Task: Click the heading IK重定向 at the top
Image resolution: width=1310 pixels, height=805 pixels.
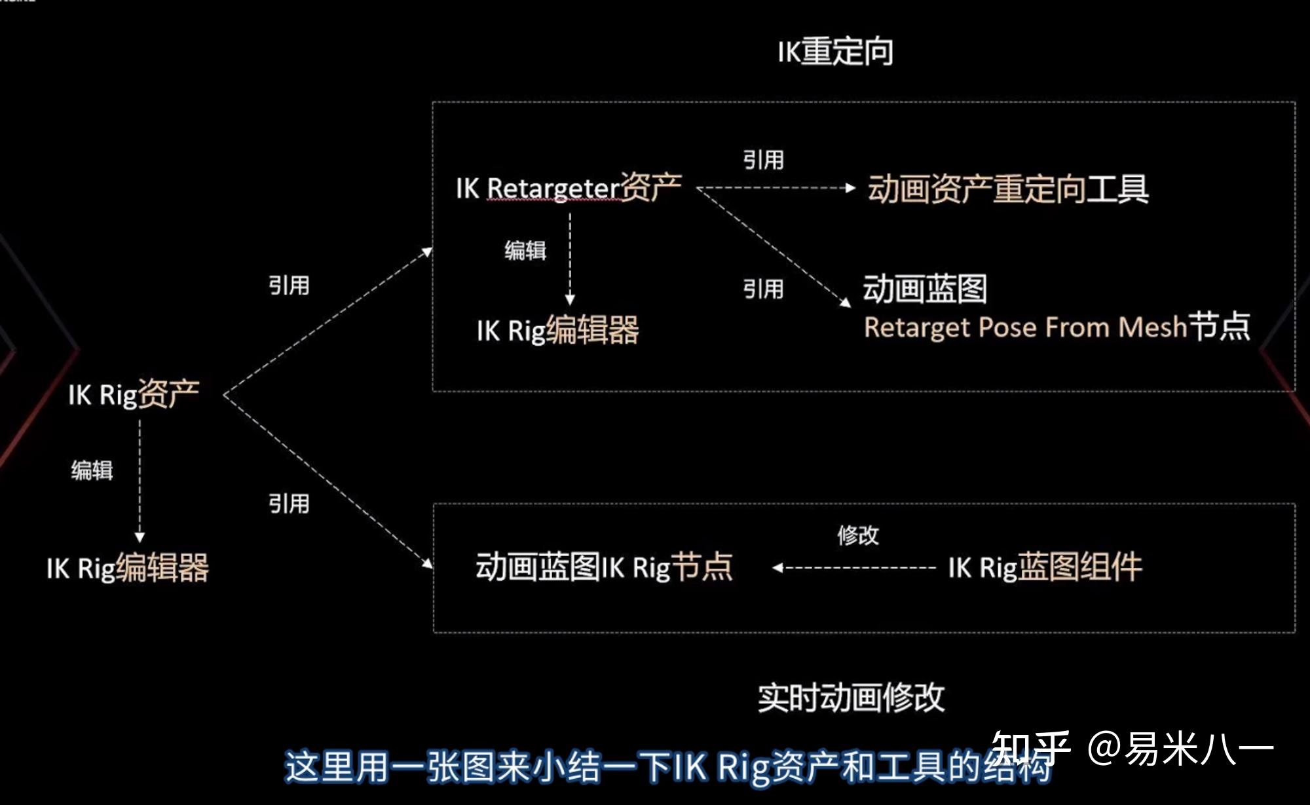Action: pyautogui.click(x=835, y=52)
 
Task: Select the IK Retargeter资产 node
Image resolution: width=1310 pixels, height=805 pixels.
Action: pyautogui.click(x=569, y=188)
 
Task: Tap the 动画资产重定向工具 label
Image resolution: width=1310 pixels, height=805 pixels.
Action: pyautogui.click(x=1007, y=189)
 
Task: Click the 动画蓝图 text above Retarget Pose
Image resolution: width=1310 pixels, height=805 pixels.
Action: pyautogui.click(x=924, y=289)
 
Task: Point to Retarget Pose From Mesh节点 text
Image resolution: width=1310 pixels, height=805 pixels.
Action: pyautogui.click(x=1056, y=327)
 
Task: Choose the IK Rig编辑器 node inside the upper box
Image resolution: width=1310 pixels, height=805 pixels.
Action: pyautogui.click(x=557, y=330)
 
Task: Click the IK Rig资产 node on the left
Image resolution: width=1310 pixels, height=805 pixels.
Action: pyautogui.click(x=134, y=394)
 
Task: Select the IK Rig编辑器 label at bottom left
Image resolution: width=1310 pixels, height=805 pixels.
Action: pyautogui.click(x=128, y=568)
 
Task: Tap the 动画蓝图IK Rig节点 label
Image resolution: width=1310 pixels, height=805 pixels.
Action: pyautogui.click(x=603, y=567)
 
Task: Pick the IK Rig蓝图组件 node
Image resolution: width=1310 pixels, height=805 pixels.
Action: pyautogui.click(x=1045, y=567)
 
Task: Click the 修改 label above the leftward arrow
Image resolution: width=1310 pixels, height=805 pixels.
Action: pyautogui.click(x=857, y=535)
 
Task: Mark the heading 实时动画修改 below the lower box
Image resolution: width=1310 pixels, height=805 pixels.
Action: pyautogui.click(x=851, y=698)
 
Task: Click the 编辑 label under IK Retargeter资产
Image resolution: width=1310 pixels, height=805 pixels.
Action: pyautogui.click(x=525, y=250)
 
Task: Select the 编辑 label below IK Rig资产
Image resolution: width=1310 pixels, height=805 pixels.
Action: pyautogui.click(x=92, y=470)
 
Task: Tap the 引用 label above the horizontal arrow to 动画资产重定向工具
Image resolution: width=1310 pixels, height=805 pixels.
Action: pyautogui.click(x=763, y=160)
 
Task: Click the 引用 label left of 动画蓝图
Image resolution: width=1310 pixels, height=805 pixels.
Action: pyautogui.click(x=763, y=289)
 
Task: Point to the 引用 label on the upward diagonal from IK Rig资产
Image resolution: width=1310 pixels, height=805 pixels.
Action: pyautogui.click(x=289, y=286)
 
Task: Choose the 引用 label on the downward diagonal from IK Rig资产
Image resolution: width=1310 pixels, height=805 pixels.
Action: pyautogui.click(x=289, y=504)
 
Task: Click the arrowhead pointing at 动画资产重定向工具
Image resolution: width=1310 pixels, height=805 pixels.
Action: pyautogui.click(x=850, y=188)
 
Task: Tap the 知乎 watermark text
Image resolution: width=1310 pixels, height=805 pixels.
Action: pyautogui.click(x=1030, y=748)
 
